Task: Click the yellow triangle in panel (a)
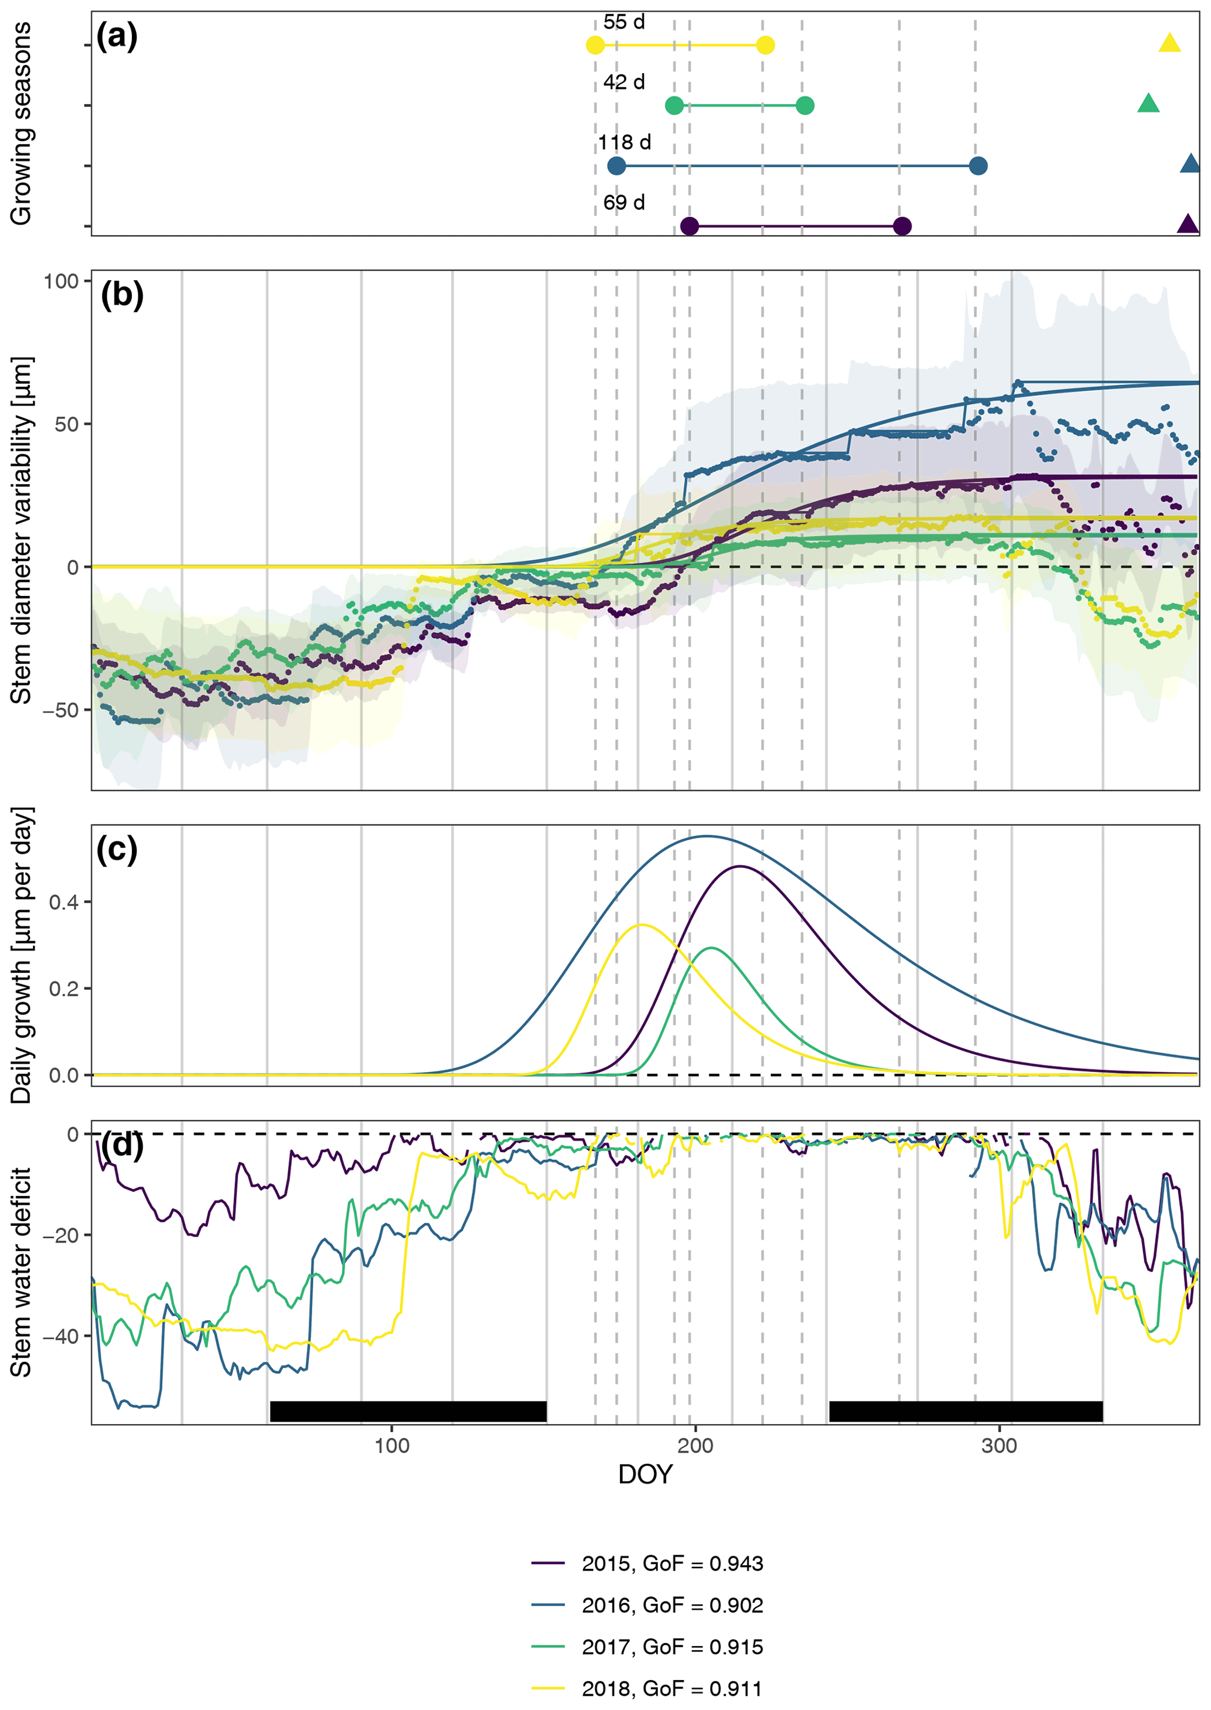coord(1169,44)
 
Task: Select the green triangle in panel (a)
coord(1148,104)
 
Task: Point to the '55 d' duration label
coord(624,22)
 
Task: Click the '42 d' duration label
coord(624,82)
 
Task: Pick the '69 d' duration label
coord(624,203)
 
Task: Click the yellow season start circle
coord(595,46)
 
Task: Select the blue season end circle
coord(978,166)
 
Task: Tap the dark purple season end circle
coord(902,226)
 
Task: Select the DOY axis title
coord(646,1474)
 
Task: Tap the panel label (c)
coord(117,849)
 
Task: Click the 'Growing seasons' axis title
coord(21,123)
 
